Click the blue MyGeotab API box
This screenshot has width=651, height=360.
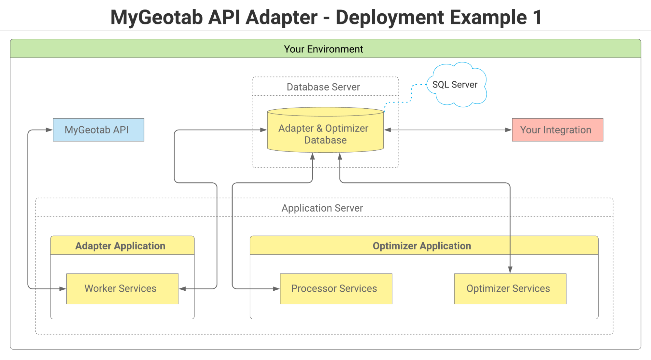pos(98,130)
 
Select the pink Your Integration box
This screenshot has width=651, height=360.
pos(557,130)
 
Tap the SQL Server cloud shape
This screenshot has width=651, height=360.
pos(456,85)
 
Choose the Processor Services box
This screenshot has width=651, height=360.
pos(336,289)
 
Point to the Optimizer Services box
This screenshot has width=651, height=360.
pos(510,289)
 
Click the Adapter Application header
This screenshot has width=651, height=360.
pos(120,246)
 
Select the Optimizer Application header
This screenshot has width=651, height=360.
pos(422,246)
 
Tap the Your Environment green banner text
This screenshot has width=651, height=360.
pos(323,49)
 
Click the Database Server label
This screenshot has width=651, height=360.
pos(323,87)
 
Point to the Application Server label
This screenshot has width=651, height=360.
pos(322,208)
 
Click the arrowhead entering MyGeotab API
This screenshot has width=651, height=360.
pos(49,130)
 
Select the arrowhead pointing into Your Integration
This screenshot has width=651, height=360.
pos(508,130)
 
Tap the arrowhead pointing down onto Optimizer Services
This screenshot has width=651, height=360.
pos(510,270)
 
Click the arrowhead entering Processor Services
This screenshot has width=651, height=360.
pos(276,289)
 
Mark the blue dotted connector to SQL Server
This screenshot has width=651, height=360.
pos(411,94)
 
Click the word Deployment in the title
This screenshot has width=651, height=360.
pos(389,17)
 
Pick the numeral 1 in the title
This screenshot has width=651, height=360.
pos(537,17)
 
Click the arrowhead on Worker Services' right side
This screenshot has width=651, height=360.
pos(183,289)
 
